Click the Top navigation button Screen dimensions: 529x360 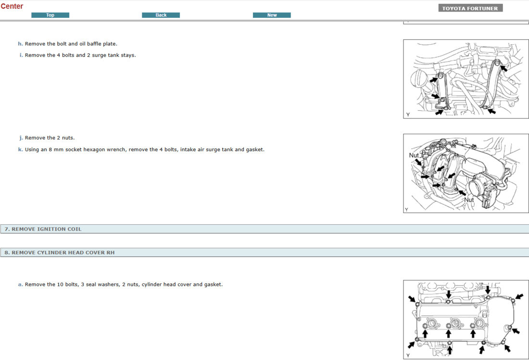pyautogui.click(x=50, y=15)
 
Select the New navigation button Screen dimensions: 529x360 pyautogui.click(x=272, y=15)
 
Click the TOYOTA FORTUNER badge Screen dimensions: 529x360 pyautogui.click(x=470, y=8)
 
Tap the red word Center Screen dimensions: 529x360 pyautogui.click(x=12, y=6)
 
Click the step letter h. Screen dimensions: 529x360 pyautogui.click(x=20, y=44)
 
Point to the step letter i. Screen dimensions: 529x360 pyautogui.click(x=21, y=55)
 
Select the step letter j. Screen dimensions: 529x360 pyautogui.click(x=21, y=138)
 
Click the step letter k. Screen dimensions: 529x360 pyautogui.click(x=20, y=149)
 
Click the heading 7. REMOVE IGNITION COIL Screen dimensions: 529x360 pyautogui.click(x=43, y=229)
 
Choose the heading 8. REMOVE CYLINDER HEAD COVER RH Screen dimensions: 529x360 pyautogui.click(x=60, y=253)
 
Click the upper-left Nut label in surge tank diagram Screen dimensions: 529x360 pyautogui.click(x=414, y=155)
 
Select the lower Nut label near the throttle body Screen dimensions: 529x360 pyautogui.click(x=469, y=200)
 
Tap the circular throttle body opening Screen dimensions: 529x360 pyautogui.click(x=477, y=187)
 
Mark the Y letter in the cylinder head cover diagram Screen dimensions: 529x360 pyautogui.click(x=408, y=355)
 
